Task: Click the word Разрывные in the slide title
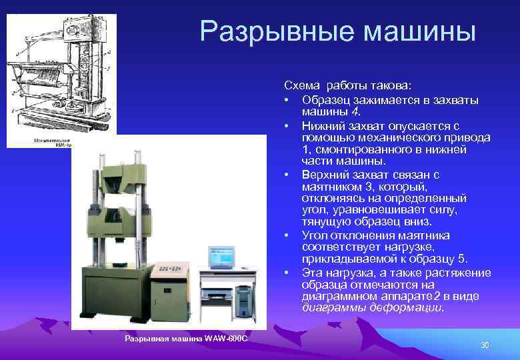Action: (x=265, y=31)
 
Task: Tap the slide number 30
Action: (x=485, y=345)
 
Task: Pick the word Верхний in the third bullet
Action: (x=324, y=174)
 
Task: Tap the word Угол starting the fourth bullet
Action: (x=314, y=235)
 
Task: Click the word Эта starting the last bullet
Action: (x=311, y=273)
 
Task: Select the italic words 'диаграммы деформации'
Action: (x=371, y=309)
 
